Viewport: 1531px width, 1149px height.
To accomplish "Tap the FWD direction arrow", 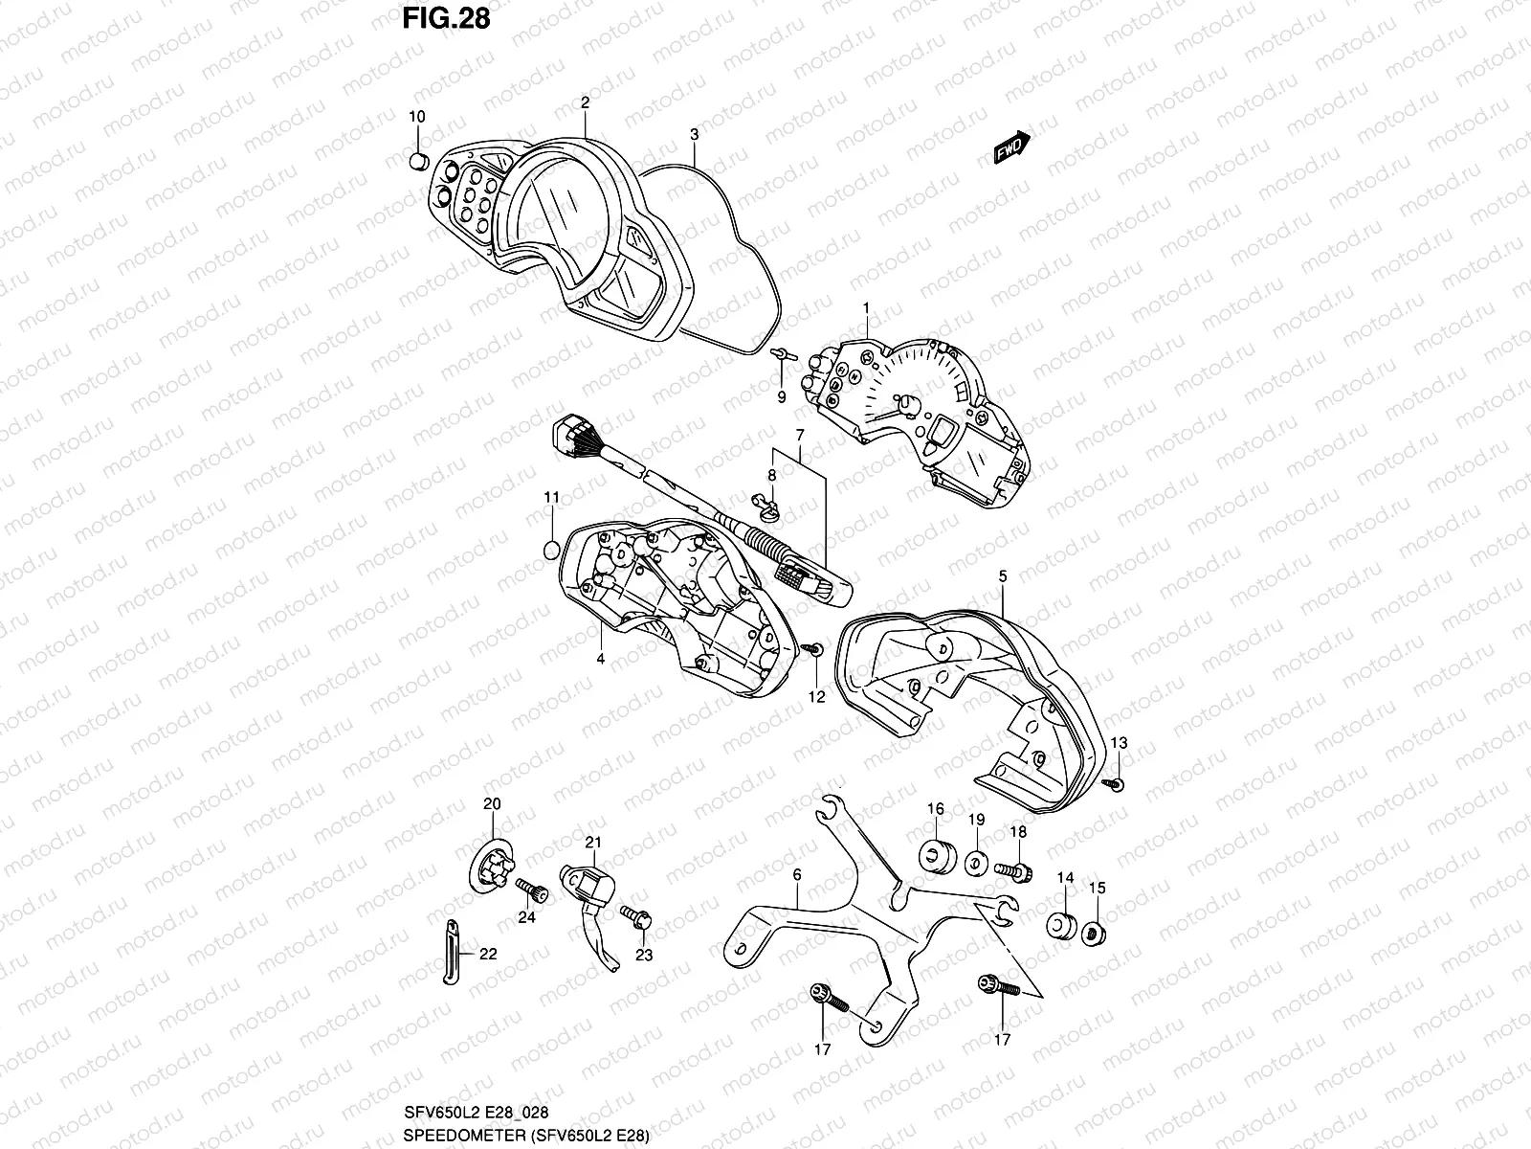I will tap(1011, 146).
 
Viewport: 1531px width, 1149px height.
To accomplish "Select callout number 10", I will tap(417, 117).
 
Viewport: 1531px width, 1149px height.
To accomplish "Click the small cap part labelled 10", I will tap(417, 160).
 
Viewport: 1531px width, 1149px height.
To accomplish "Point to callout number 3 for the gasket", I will tap(694, 134).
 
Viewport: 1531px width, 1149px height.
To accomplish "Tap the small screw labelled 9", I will tap(781, 354).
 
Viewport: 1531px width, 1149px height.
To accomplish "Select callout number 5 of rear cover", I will tap(1002, 577).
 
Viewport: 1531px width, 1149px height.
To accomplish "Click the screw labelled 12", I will tap(813, 650).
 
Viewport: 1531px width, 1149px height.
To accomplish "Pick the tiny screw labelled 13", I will tap(1117, 784).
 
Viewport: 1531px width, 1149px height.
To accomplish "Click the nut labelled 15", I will tap(1096, 930).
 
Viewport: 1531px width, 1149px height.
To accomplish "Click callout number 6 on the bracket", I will tap(796, 875).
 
